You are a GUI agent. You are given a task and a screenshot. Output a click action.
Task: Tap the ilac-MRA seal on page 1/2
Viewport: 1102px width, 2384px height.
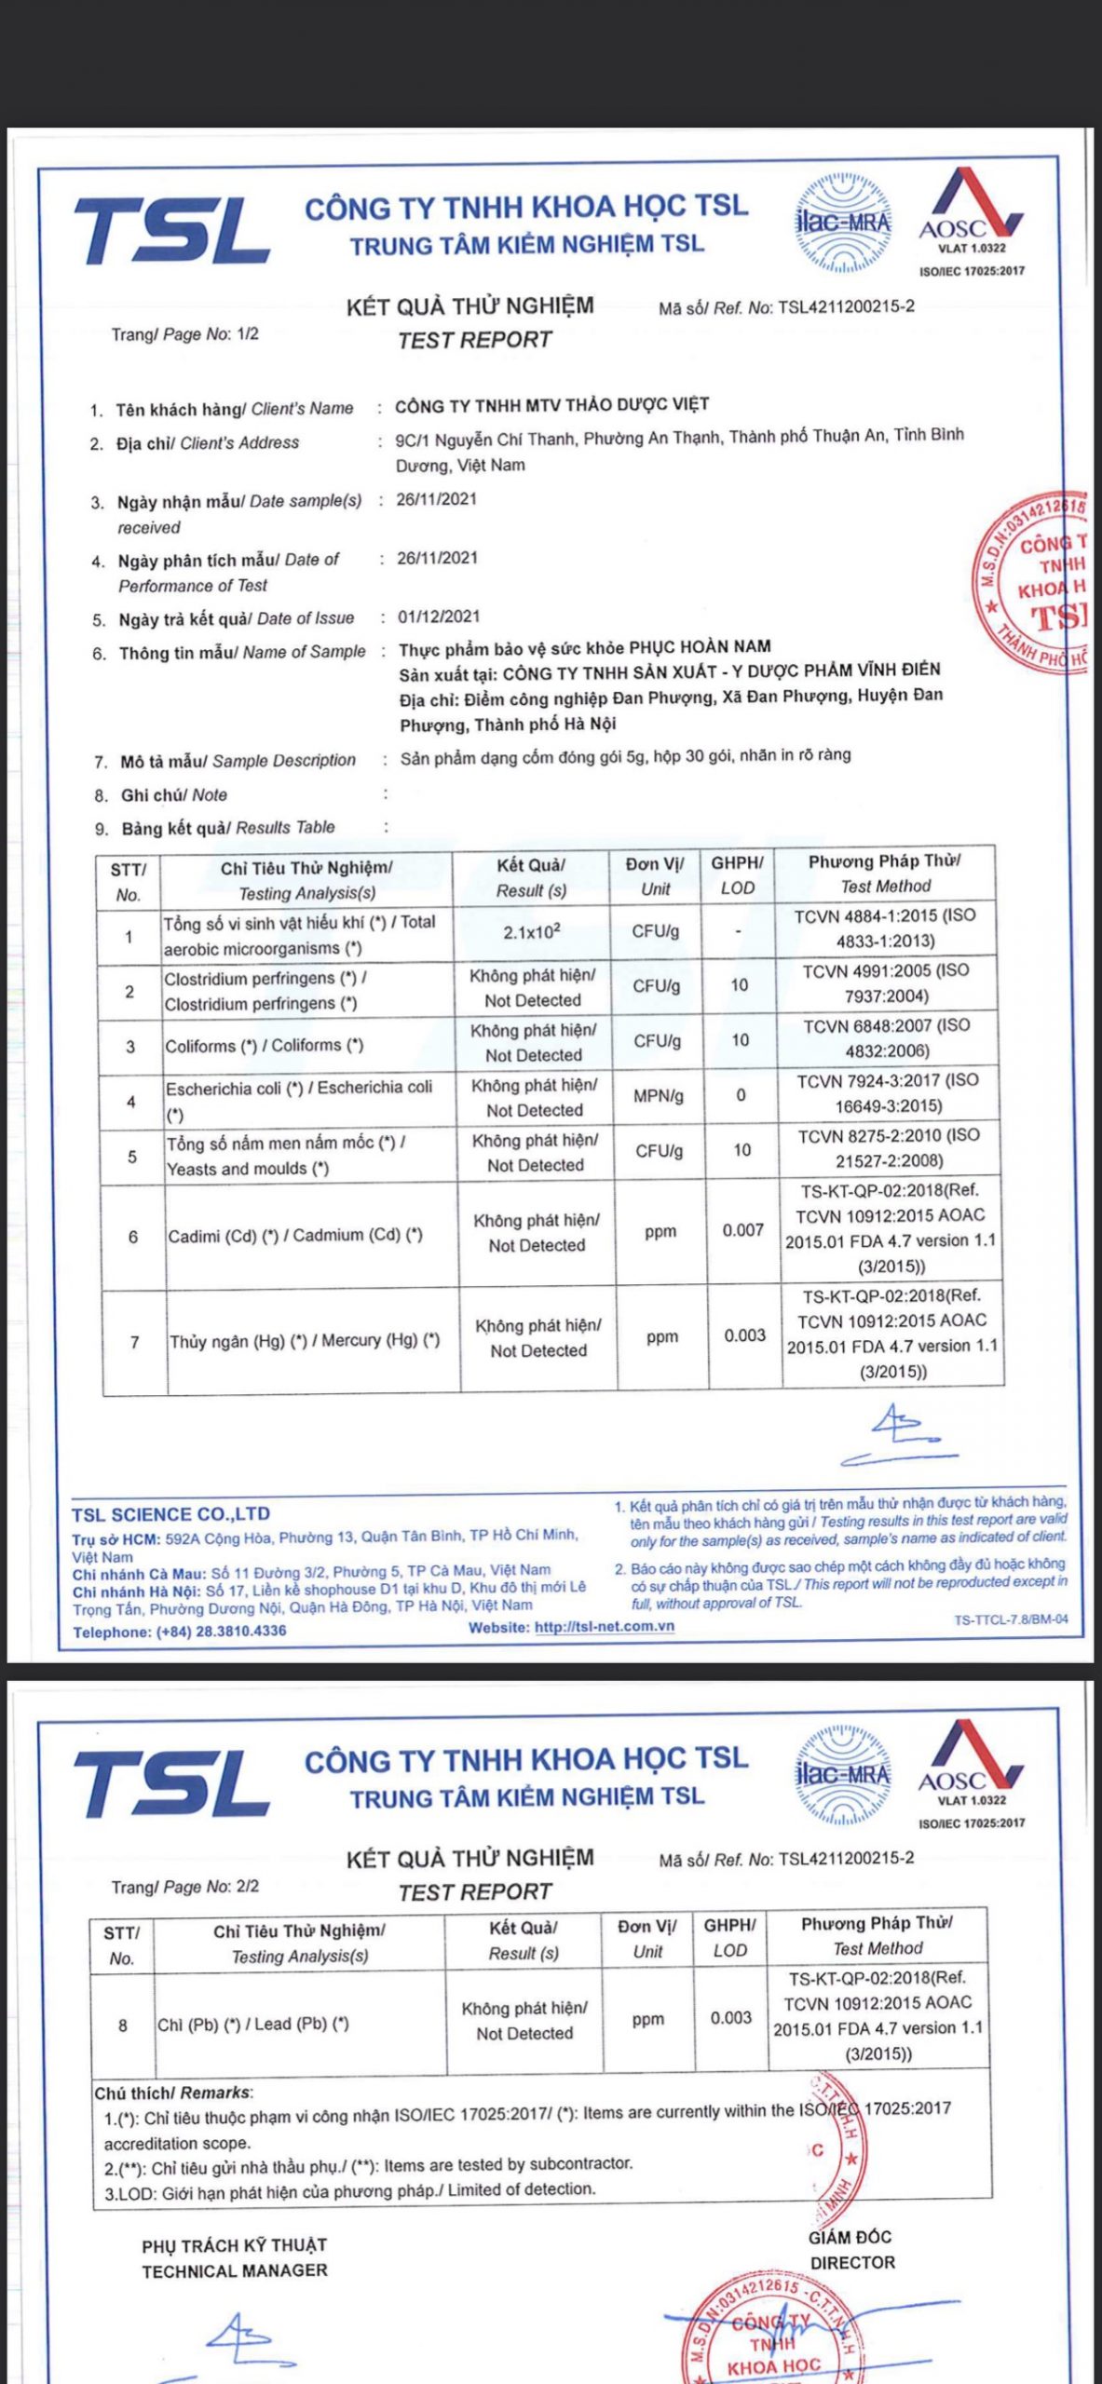click(x=842, y=223)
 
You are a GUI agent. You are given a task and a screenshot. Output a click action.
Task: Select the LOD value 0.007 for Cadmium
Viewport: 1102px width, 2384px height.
click(x=742, y=1231)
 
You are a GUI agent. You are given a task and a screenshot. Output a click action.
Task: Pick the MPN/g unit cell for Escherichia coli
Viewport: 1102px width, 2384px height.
click(x=658, y=1096)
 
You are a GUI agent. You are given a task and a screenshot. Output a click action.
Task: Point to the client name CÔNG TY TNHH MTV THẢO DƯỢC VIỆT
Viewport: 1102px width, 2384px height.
click(x=551, y=405)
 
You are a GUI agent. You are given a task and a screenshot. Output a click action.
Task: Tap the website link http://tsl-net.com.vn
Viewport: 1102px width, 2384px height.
click(x=604, y=1627)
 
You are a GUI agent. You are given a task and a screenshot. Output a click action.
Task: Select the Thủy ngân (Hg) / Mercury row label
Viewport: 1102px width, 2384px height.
click(x=304, y=1341)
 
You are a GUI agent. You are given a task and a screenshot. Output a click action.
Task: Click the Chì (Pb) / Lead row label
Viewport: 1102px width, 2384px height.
click(x=252, y=2024)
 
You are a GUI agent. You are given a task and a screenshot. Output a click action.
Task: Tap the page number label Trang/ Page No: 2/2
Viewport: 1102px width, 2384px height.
click(x=184, y=1887)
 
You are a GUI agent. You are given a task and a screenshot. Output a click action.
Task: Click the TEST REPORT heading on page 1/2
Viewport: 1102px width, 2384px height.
click(x=474, y=340)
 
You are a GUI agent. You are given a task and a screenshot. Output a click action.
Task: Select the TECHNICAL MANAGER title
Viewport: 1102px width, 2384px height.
click(x=234, y=2271)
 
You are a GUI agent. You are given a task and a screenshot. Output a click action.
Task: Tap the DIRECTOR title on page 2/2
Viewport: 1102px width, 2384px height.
click(x=851, y=2263)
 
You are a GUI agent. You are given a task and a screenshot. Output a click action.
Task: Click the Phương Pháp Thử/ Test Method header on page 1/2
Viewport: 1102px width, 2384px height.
click(x=884, y=874)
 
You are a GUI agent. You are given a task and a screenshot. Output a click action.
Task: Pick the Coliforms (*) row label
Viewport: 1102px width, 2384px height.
click(x=264, y=1046)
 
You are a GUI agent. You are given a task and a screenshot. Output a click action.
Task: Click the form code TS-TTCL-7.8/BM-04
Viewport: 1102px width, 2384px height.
click(x=1010, y=1619)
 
